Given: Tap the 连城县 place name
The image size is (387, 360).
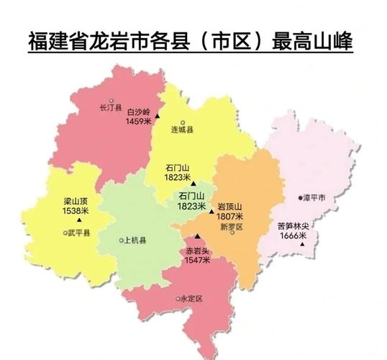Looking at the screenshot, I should click(x=183, y=131).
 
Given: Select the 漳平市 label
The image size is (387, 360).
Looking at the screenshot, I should click(x=314, y=197).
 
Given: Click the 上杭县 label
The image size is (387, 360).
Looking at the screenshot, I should click(x=136, y=240).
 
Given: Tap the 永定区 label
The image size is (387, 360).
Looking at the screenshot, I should click(x=192, y=298).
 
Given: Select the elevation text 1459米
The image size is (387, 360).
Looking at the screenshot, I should click(x=138, y=122).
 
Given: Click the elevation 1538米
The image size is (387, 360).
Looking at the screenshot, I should click(x=75, y=211).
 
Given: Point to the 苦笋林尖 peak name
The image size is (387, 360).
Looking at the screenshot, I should click(x=293, y=226).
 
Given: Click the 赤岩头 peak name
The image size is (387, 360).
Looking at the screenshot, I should click(x=198, y=251).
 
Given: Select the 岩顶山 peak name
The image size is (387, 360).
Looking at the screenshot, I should click(x=230, y=206).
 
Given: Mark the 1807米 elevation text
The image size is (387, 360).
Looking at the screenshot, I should click(x=230, y=215).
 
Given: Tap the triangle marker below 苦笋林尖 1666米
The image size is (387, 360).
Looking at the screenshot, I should click(x=302, y=244).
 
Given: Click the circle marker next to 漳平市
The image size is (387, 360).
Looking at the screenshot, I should click(x=300, y=197).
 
